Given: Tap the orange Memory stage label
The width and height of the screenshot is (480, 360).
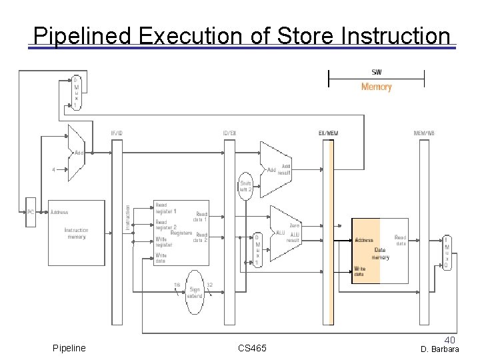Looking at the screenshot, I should tap(376, 87).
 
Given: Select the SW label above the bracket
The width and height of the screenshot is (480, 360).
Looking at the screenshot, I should tap(376, 72).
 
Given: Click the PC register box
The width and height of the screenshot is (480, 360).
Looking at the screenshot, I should tap(29, 213).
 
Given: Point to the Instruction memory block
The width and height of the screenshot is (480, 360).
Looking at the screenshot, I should tap(76, 233).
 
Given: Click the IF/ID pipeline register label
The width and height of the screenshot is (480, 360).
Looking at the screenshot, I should tap(117, 133).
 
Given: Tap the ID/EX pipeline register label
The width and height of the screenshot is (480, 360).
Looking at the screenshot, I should tap(229, 133).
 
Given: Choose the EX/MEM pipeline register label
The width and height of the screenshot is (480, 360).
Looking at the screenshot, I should tap(328, 133).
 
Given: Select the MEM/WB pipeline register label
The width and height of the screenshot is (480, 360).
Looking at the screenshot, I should tap(423, 133).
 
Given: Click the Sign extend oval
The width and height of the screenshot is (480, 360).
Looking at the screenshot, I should tap(195, 291).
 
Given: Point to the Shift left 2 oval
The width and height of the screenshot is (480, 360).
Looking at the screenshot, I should tap(246, 187).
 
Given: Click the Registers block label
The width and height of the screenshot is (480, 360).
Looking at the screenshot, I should tap(181, 233).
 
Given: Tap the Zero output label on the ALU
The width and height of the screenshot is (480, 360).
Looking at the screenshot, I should tap(295, 226).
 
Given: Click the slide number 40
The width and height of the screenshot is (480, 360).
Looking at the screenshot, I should tap(450, 339).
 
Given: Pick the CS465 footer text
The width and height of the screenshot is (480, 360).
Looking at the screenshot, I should tap(252, 349).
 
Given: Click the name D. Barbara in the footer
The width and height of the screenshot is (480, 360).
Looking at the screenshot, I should tap(439, 349).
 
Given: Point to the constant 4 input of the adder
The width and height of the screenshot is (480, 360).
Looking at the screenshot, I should tap(53, 169).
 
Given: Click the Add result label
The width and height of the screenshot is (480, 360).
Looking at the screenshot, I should tap(286, 169).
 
